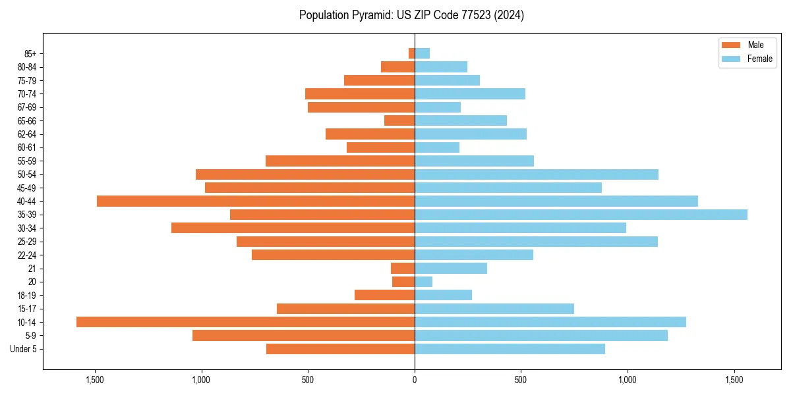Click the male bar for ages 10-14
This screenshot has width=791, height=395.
pos(245,322)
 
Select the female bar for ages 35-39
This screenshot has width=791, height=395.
pos(580,215)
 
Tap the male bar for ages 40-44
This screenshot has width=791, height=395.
pos(256,201)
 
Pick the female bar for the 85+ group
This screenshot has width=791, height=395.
pos(422,53)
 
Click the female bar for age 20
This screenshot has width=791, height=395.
pos(423,282)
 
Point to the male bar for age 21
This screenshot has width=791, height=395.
pos(403,268)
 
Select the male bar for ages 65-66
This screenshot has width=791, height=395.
pos(399,120)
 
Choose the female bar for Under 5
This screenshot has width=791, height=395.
pos(510,349)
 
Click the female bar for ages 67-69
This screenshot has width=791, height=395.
pos(438,107)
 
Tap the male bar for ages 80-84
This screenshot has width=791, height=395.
pos(397,66)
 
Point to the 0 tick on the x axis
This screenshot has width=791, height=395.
pos(415,380)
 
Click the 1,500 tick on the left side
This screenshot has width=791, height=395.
pos(95,380)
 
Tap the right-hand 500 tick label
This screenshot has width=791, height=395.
pos(521,380)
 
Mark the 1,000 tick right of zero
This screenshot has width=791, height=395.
pos(628,380)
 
